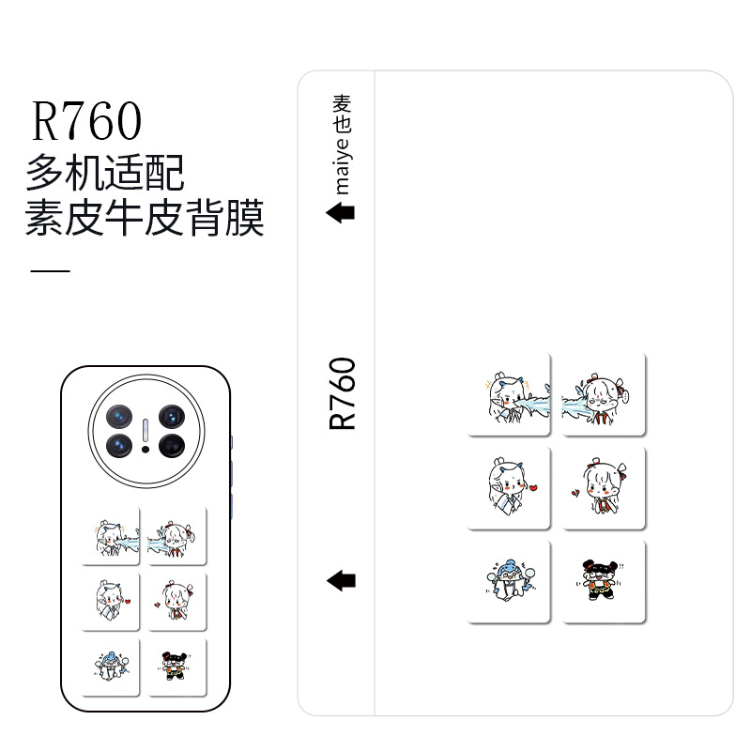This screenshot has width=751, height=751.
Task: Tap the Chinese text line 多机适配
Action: tap(104, 173)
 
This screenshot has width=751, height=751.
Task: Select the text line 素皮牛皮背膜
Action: tap(145, 220)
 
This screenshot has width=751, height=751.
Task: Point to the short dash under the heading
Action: tap(51, 270)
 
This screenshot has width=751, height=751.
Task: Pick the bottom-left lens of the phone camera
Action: tap(121, 445)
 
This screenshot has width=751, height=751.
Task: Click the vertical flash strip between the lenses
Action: tap(146, 429)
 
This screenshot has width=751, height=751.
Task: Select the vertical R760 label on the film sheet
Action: tap(344, 394)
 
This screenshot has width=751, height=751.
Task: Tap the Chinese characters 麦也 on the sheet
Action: tap(343, 111)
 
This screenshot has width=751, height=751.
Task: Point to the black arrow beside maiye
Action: tap(340, 213)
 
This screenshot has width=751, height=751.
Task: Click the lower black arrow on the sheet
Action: tap(340, 580)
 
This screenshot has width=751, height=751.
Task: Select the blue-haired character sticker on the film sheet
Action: tap(508, 579)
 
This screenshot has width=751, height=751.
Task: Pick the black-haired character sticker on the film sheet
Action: tap(604, 579)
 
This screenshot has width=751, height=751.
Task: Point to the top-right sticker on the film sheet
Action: tap(604, 394)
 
